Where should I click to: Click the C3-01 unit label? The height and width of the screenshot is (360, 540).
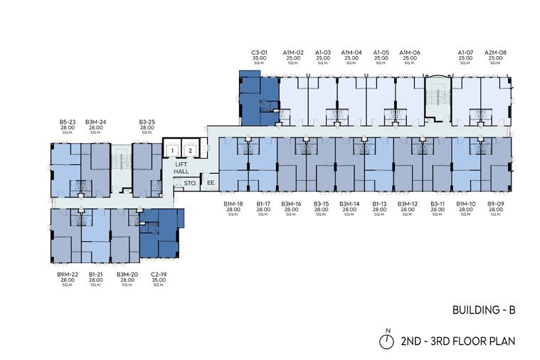tap(259, 53)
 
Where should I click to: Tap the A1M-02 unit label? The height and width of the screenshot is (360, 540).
tap(293, 53)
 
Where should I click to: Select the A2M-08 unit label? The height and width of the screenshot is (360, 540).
tap(496, 53)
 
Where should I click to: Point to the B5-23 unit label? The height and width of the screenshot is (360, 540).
tap(68, 122)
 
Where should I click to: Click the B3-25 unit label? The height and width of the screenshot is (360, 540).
tap(147, 122)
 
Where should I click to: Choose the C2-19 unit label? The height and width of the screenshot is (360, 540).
tap(159, 275)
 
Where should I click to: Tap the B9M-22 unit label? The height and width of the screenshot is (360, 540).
tap(68, 275)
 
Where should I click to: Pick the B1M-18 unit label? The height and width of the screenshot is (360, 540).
tap(233, 204)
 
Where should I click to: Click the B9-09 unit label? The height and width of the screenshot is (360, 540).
tap(496, 204)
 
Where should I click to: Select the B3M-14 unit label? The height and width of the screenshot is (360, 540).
tap(349, 204)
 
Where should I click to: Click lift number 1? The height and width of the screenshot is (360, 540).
tap(172, 151)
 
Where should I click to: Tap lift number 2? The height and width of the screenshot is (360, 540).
tap(190, 151)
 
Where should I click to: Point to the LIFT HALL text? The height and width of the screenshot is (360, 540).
tap(181, 168)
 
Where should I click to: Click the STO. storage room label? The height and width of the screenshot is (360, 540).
tap(190, 184)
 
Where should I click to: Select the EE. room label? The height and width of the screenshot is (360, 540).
tap(211, 183)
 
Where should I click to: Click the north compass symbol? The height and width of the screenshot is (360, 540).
tap(387, 339)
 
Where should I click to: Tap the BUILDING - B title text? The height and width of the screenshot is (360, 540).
tap(484, 310)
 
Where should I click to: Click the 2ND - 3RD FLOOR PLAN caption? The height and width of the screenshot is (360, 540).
tap(458, 342)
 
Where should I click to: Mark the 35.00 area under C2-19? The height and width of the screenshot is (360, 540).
tap(159, 280)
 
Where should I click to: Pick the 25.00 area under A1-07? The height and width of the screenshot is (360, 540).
tap(465, 58)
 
